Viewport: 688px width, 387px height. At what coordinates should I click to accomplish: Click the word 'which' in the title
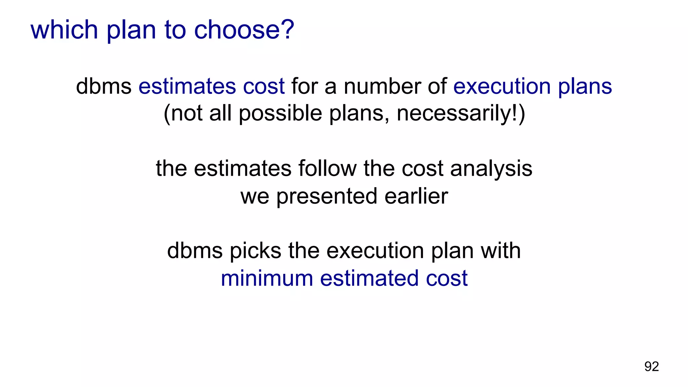coord(64,30)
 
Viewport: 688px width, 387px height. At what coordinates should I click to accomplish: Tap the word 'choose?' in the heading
coord(244,30)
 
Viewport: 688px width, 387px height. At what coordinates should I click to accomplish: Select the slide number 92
coord(651,367)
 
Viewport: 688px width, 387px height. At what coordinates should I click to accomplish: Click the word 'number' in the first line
coord(382,86)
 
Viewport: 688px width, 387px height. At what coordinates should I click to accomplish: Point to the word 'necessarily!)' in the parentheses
coord(461,113)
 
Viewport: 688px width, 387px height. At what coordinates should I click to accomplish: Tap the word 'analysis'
coord(491,168)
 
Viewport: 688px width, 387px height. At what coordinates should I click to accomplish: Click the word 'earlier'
coord(416,196)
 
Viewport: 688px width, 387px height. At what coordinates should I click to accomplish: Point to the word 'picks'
coord(255,251)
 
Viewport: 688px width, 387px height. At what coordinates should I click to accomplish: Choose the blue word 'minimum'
coord(267,278)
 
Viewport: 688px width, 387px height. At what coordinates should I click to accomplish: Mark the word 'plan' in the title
coord(131,30)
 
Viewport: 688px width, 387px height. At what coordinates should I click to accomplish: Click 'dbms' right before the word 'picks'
coord(195,251)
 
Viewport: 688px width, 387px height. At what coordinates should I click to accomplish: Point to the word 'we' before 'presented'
coord(255,196)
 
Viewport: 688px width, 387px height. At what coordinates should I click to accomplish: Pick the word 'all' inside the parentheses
coord(220,113)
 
